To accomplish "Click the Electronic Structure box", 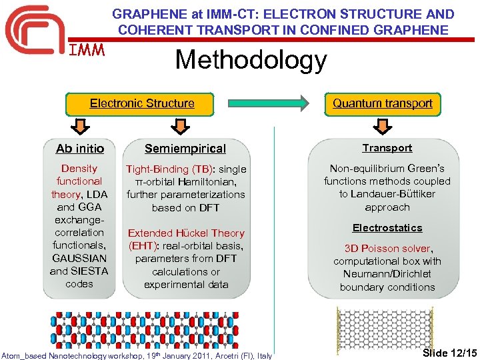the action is click(142, 104).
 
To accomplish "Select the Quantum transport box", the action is click(383, 104).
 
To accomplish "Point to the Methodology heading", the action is click(251, 61).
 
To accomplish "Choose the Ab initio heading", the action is click(80, 149).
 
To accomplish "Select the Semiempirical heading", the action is click(185, 149).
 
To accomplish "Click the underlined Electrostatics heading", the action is click(387, 228).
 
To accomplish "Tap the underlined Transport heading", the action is click(387, 148).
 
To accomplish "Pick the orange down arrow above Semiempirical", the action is click(177, 127).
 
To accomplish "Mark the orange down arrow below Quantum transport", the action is click(383, 127).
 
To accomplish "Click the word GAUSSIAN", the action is click(79, 258).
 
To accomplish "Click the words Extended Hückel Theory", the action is click(186, 233).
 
